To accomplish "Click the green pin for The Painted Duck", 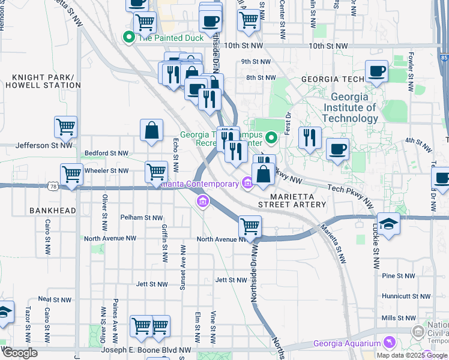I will tap(128, 37).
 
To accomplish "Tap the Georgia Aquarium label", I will tap(347, 344).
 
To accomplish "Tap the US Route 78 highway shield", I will tap(53, 188).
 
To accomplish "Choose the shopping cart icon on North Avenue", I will tap(250, 227).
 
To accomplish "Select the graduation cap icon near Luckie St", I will tap(388, 225).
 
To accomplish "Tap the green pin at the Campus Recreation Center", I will tap(271, 139).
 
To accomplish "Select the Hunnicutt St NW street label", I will tap(406, 296).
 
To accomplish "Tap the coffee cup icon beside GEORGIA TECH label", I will tap(376, 71).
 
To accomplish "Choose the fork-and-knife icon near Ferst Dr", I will tap(309, 137).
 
